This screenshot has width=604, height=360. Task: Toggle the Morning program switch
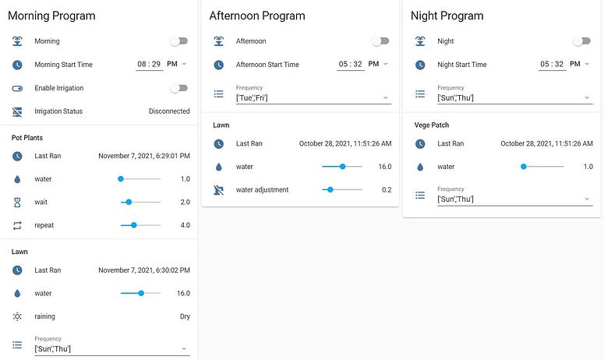click(179, 41)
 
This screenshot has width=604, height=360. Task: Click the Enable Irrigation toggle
click(179, 88)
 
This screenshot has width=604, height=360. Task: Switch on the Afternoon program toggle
click(380, 41)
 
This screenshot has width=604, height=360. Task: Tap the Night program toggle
click(581, 41)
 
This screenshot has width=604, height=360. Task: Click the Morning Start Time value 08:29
click(149, 65)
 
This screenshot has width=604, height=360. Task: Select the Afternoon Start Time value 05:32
click(351, 65)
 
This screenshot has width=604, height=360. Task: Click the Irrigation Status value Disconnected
click(169, 111)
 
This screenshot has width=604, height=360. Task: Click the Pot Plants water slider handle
click(121, 179)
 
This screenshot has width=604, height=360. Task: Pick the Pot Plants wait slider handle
click(129, 202)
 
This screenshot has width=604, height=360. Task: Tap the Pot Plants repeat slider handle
click(134, 225)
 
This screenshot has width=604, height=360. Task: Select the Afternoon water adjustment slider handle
click(330, 189)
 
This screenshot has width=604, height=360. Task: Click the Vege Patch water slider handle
click(524, 167)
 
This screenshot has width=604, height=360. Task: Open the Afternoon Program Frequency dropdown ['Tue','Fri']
click(312, 97)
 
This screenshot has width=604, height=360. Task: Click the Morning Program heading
click(51, 16)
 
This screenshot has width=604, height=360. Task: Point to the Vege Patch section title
click(432, 125)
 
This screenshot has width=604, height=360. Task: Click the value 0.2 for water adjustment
click(386, 189)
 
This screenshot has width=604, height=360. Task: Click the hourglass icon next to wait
click(18, 202)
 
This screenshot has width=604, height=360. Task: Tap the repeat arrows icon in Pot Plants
click(18, 225)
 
